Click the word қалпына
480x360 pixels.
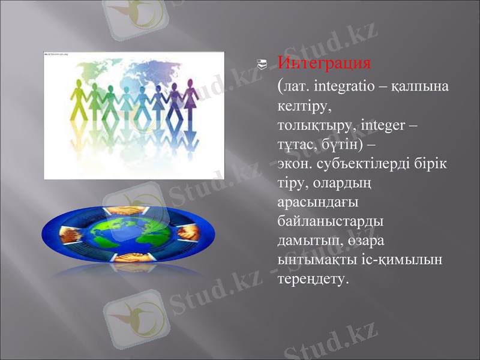click(x=420, y=87)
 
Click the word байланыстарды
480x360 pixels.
click(x=331, y=221)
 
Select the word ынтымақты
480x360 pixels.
click(x=318, y=260)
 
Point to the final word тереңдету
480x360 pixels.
click(x=313, y=279)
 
